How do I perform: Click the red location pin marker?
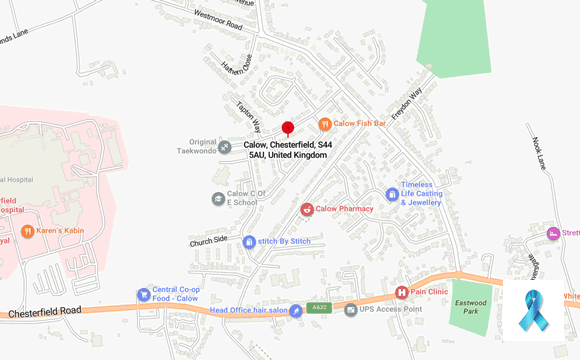[x=287, y=128]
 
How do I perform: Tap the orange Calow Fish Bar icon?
[x=324, y=124]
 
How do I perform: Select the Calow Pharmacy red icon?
[x=307, y=209]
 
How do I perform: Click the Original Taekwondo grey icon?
[x=225, y=147]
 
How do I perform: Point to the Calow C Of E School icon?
[x=218, y=199]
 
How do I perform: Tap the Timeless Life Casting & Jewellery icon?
[x=392, y=195]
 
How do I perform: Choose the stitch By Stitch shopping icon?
[x=249, y=241]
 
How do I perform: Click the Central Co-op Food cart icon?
[x=143, y=295]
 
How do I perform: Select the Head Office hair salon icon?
[x=296, y=311]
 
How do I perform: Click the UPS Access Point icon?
[x=350, y=310]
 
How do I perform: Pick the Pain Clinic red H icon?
[x=402, y=292]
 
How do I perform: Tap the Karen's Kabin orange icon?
[x=28, y=231]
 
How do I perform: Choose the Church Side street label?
[x=209, y=241]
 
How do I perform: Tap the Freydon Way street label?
[x=407, y=103]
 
